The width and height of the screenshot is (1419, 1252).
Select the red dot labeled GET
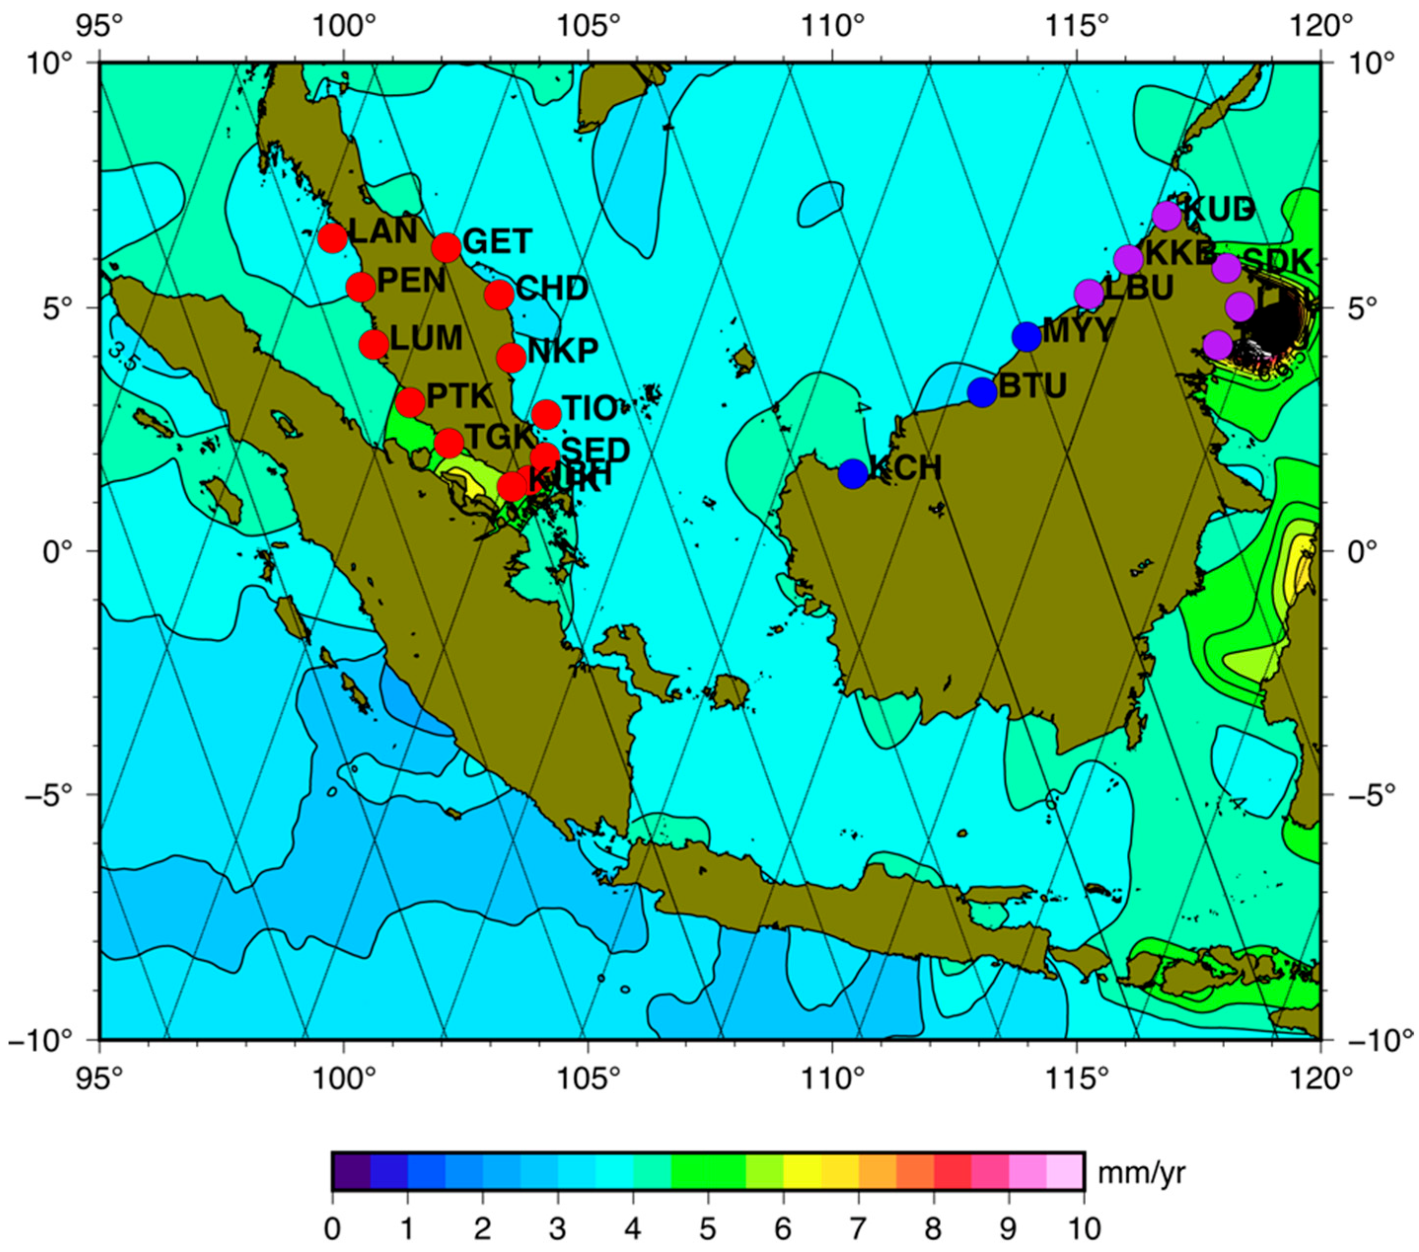click(446, 247)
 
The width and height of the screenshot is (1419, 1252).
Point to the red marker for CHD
click(499, 295)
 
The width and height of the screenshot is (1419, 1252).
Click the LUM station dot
click(374, 343)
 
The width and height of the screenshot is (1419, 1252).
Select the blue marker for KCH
click(852, 473)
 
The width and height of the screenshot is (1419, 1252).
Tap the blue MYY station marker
click(1026, 337)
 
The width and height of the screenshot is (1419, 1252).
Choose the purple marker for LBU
click(1088, 294)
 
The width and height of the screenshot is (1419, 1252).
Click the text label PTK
click(459, 396)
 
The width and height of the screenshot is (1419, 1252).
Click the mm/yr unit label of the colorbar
click(1141, 1172)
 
